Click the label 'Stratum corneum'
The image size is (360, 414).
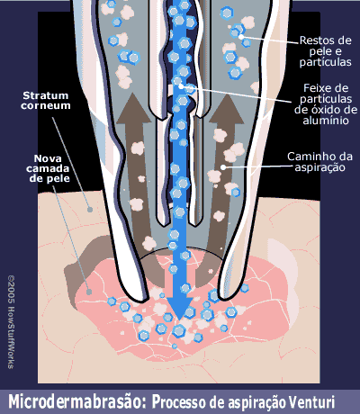pos(46,101)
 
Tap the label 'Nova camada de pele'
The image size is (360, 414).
pos(48,168)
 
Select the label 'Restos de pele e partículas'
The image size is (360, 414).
pos(326,51)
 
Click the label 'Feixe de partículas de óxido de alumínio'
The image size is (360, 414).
pos(326,104)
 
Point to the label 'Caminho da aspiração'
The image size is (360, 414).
pos(319,162)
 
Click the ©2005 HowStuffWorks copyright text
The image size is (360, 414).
pos(11,322)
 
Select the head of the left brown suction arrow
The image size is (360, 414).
pos(133,109)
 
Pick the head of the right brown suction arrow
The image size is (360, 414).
pos(227,109)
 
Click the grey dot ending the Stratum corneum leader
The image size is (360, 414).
pos(90,210)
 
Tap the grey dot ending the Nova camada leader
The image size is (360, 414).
pos(89,292)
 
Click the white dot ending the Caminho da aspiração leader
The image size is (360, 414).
pos(223,167)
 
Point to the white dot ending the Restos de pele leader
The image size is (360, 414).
pos(241,37)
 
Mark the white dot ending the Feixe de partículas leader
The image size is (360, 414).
pos(181,86)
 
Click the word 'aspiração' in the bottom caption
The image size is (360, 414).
pos(256,402)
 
